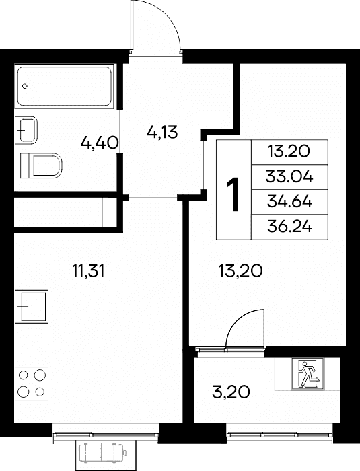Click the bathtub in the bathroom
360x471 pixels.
point(65,85)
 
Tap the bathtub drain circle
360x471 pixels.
point(25,86)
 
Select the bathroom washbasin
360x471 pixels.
point(26,130)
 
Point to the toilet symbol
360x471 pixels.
point(41,166)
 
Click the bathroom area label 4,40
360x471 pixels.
point(99,143)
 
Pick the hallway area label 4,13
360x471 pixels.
point(163,132)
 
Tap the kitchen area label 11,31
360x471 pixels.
point(88,271)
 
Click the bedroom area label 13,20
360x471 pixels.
point(241,271)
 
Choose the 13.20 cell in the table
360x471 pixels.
point(289,151)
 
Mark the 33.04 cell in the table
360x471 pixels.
point(289,177)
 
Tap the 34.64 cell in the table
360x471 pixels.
point(289,202)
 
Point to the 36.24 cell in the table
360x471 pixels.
point(289,227)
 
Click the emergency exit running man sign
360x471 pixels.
point(307,374)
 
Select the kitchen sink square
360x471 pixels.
point(32,306)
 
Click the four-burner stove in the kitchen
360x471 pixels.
point(32,383)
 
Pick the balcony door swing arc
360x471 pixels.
point(240,318)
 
